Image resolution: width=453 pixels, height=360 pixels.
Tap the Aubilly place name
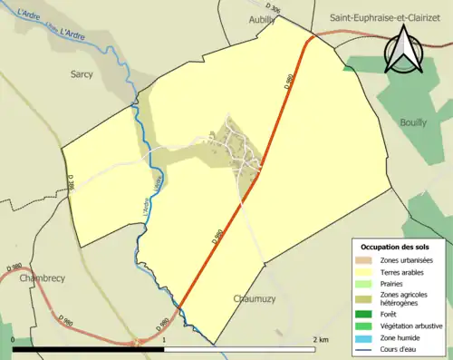pos(264,18)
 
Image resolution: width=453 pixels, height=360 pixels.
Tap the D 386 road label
pos(70,184)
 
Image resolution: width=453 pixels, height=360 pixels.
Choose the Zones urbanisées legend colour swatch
pos(368,260)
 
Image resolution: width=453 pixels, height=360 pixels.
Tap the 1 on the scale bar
pos(163,339)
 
